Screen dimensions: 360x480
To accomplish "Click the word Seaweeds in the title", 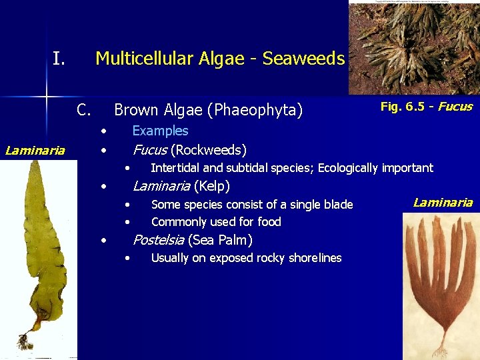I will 303,59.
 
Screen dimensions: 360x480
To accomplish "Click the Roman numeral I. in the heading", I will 59,59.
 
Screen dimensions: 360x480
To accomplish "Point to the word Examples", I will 160,131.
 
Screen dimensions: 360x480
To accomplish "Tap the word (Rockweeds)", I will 209,149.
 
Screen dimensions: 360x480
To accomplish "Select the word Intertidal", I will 175,168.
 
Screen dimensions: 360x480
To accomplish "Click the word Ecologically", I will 348,168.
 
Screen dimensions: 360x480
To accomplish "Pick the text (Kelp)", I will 211,186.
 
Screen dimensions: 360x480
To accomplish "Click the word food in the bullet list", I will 269,222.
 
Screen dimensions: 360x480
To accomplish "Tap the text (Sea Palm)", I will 220,240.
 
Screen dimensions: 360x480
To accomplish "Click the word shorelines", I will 312,258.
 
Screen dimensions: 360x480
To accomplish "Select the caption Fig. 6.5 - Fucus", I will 426,107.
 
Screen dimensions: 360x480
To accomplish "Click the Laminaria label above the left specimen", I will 35,150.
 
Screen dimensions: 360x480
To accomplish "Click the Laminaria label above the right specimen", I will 443,203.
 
